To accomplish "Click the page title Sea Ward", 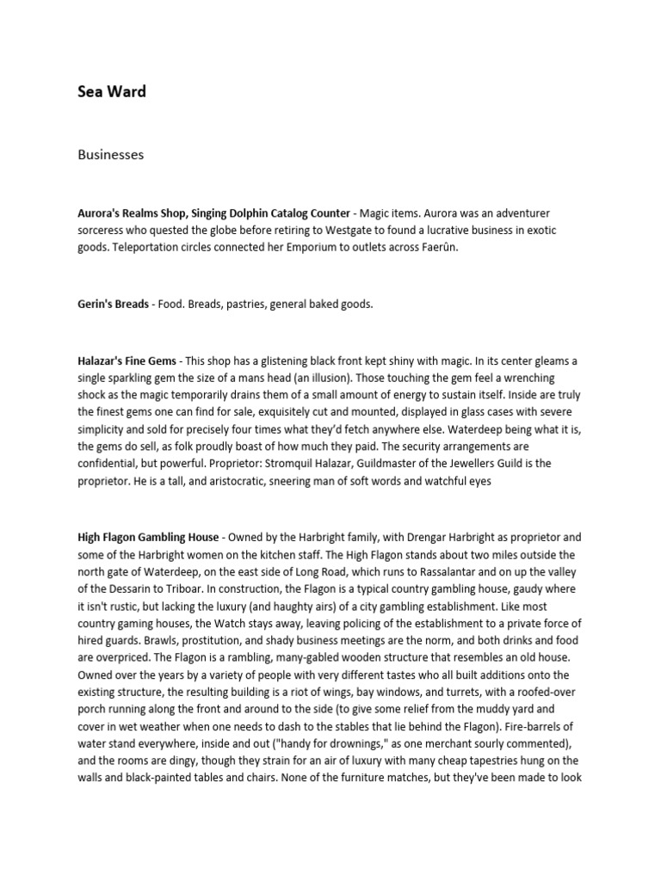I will pyautogui.click(x=112, y=92).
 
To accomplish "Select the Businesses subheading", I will pyautogui.click(x=110, y=155).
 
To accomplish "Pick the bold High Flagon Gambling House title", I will pyautogui.click(x=148, y=537).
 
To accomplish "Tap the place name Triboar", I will pyautogui.click(x=212, y=588).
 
